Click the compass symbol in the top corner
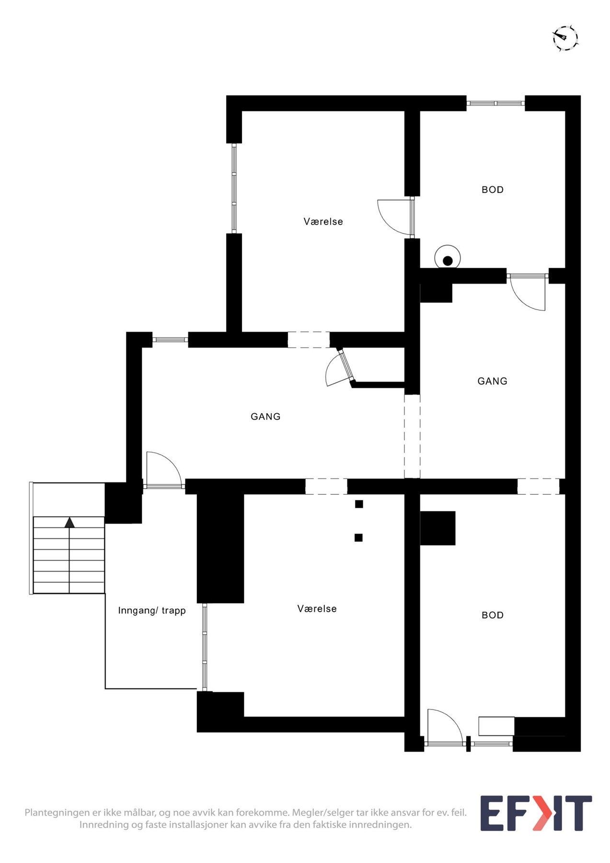pyautogui.click(x=565, y=38)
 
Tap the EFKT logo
pyautogui.click(x=536, y=813)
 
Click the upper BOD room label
pyautogui.click(x=493, y=190)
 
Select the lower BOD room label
pyautogui.click(x=493, y=615)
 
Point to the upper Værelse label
pyautogui.click(x=323, y=222)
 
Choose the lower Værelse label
pyautogui.click(x=317, y=609)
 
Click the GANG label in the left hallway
pyautogui.click(x=265, y=417)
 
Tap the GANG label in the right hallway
pyautogui.click(x=492, y=381)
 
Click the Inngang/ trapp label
pyautogui.click(x=151, y=611)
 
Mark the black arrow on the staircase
pyautogui.click(x=70, y=523)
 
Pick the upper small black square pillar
pyautogui.click(x=359, y=504)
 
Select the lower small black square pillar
pyautogui.click(x=358, y=537)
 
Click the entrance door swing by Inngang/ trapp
pyautogui.click(x=163, y=470)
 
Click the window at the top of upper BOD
pyautogui.click(x=495, y=103)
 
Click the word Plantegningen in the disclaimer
pyautogui.click(x=57, y=813)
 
